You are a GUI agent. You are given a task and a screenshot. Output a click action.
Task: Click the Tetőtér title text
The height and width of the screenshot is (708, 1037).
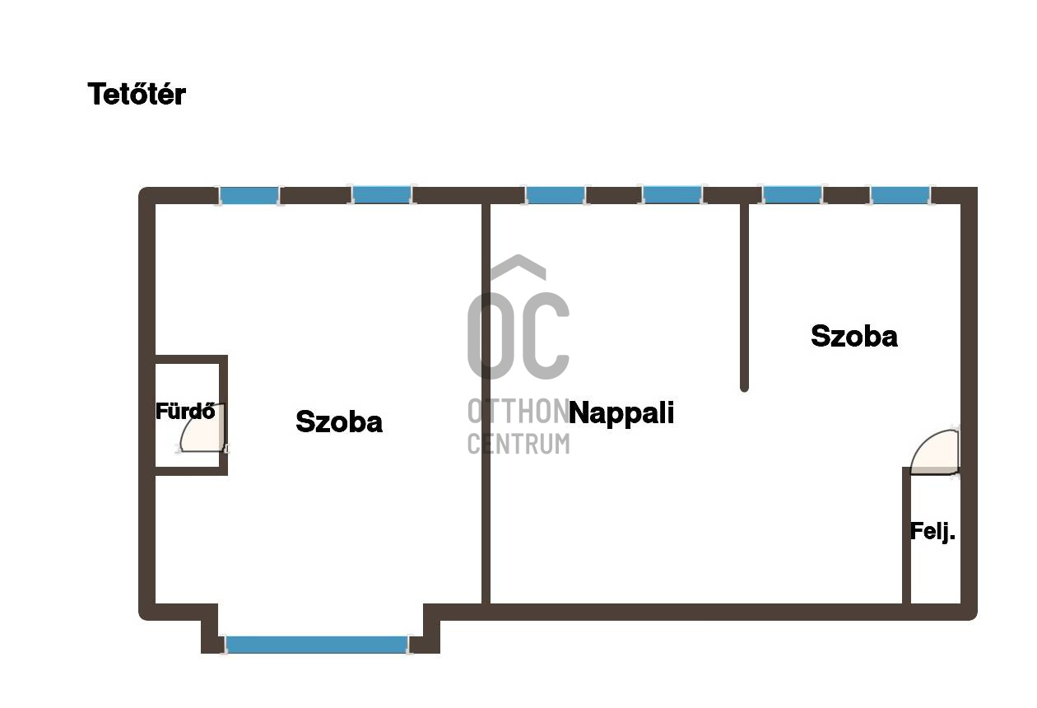click(137, 94)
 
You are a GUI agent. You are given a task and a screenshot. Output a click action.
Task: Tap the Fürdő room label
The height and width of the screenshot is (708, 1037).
click(185, 411)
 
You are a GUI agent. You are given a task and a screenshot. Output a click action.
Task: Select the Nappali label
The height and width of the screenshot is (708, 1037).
click(621, 413)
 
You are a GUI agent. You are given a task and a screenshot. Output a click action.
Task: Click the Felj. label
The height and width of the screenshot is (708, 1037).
click(932, 532)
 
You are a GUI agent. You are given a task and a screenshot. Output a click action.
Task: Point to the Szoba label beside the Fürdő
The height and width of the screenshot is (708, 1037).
click(339, 422)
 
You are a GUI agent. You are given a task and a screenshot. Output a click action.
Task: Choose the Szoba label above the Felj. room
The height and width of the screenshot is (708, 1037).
click(854, 336)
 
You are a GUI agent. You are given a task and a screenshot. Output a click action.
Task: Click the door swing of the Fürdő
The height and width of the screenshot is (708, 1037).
click(202, 427)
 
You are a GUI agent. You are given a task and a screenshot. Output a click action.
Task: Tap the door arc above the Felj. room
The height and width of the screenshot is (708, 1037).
click(934, 453)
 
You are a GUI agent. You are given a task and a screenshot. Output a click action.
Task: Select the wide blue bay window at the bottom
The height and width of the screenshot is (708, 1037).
click(317, 645)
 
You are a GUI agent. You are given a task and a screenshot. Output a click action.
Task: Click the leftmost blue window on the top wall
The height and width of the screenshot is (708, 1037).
click(249, 195)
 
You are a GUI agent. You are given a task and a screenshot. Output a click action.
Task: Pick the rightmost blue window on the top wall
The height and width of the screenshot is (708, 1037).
click(900, 195)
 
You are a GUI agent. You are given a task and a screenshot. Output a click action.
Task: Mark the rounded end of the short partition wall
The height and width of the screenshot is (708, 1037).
click(744, 388)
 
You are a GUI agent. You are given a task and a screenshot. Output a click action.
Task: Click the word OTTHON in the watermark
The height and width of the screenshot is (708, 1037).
click(518, 411)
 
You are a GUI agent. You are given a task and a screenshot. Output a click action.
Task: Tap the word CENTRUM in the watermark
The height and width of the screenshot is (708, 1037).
click(518, 444)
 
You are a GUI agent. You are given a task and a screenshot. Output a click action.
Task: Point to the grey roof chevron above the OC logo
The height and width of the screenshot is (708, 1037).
click(518, 268)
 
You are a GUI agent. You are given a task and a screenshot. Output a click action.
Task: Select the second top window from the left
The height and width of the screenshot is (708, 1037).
click(382, 195)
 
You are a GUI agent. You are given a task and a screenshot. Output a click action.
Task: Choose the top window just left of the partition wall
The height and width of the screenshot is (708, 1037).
click(672, 195)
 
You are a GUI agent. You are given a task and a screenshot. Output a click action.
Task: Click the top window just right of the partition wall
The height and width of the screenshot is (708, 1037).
click(792, 195)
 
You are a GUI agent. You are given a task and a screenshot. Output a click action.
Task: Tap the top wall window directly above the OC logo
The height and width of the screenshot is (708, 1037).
click(555, 195)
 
